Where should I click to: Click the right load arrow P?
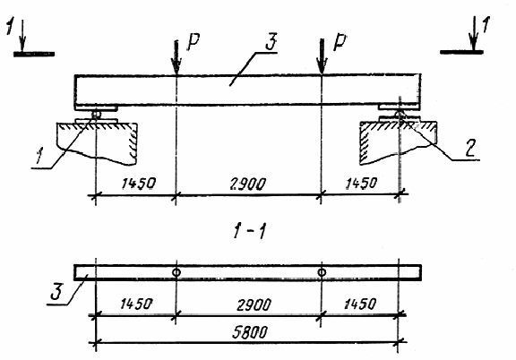[322, 56]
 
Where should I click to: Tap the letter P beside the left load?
[193, 42]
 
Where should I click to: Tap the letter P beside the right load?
[340, 42]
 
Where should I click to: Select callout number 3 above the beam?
[271, 41]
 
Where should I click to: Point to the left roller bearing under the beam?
[96, 115]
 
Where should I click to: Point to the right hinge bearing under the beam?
[400, 115]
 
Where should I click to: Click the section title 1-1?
[249, 231]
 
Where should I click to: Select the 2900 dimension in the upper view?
[247, 184]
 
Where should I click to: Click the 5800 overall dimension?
[249, 332]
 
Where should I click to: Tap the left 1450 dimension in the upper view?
[138, 184]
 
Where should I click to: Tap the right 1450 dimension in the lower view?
[359, 304]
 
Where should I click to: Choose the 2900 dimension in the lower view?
[254, 305]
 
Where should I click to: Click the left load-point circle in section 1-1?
[176, 272]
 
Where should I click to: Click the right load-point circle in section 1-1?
[322, 272]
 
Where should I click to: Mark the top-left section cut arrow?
[21, 36]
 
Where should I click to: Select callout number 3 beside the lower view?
[56, 292]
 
